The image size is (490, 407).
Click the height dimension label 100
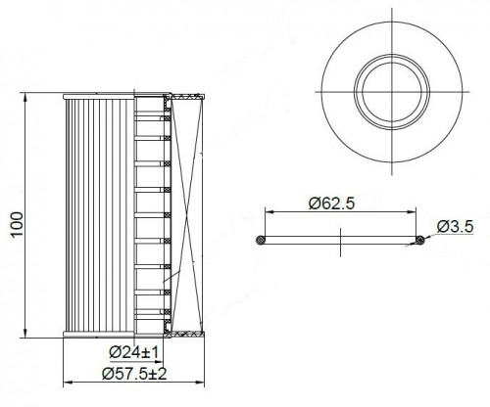tap(18, 224)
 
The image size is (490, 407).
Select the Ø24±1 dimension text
tap(134, 352)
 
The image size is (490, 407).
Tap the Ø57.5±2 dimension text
tap(134, 374)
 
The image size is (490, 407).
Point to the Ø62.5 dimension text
tap(331, 203)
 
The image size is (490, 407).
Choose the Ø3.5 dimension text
tap(455, 226)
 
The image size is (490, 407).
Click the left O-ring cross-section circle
tap(261, 240)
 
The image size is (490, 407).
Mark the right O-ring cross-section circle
tap(420, 240)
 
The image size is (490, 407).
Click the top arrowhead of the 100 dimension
tap(25, 97)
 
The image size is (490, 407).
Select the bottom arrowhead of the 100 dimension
tap(25, 334)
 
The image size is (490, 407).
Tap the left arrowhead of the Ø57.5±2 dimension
tap(68, 383)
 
